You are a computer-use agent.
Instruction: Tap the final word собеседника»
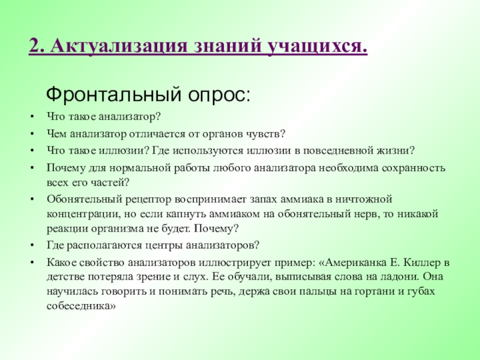coord(80,305)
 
